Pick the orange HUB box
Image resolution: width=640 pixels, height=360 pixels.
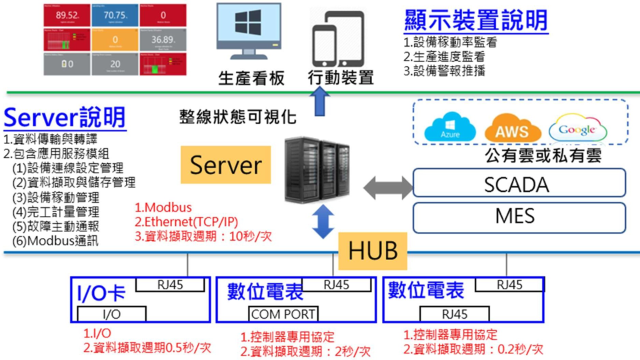click(x=373, y=250)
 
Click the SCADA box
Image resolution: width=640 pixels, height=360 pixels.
click(x=519, y=183)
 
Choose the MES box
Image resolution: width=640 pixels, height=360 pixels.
click(x=519, y=216)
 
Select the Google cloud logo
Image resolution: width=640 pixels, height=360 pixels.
click(x=577, y=128)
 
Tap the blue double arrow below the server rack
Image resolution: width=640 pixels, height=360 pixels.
click(x=323, y=221)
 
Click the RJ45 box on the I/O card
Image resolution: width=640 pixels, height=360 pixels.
click(x=169, y=285)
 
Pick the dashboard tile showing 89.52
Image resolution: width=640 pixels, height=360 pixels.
click(x=67, y=15)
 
